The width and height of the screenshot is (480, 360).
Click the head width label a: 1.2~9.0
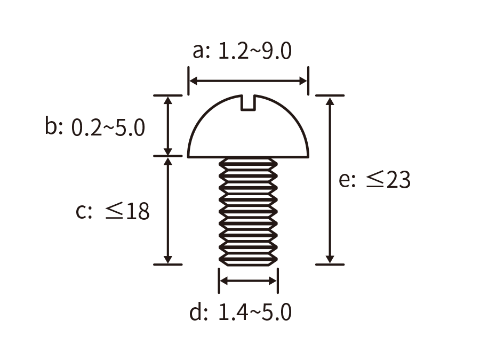pyautogui.click(x=242, y=51)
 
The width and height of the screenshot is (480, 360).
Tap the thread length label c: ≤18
pyautogui.click(x=113, y=210)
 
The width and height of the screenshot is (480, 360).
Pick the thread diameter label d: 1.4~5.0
pyautogui.click(x=241, y=312)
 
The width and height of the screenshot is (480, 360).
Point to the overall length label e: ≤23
pyautogui.click(x=374, y=179)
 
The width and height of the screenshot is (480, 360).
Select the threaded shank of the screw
pyautogui.click(x=248, y=212)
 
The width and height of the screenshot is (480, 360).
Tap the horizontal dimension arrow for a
pyautogui.click(x=248, y=81)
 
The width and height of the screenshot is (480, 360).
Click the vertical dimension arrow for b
pyautogui.click(x=168, y=126)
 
